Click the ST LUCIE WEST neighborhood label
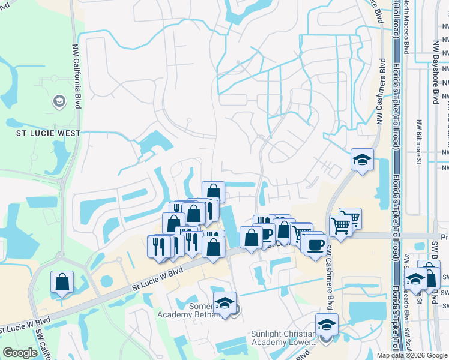pyautogui.click(x=44, y=133)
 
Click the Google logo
pyautogui.click(x=20, y=353)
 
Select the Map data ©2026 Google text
pyautogui.click(x=412, y=355)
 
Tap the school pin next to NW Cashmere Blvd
pyautogui.click(x=362, y=160)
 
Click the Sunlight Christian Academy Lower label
pyautogui.click(x=283, y=338)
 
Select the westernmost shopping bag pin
pyautogui.click(x=62, y=282)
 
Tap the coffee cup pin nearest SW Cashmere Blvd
pyautogui.click(x=315, y=244)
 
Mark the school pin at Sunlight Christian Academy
pyautogui.click(x=327, y=325)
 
